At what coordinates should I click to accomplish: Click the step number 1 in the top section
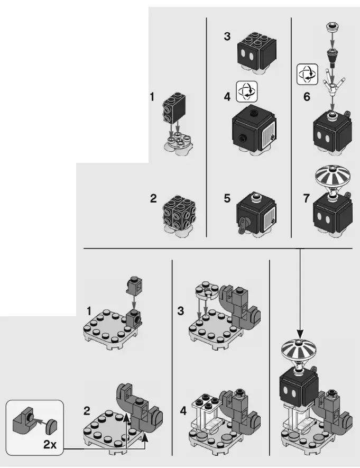click(x=152, y=97)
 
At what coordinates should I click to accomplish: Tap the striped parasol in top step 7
click(x=332, y=179)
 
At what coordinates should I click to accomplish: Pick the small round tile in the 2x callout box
click(x=51, y=424)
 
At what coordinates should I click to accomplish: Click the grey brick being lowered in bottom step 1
click(x=132, y=286)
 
